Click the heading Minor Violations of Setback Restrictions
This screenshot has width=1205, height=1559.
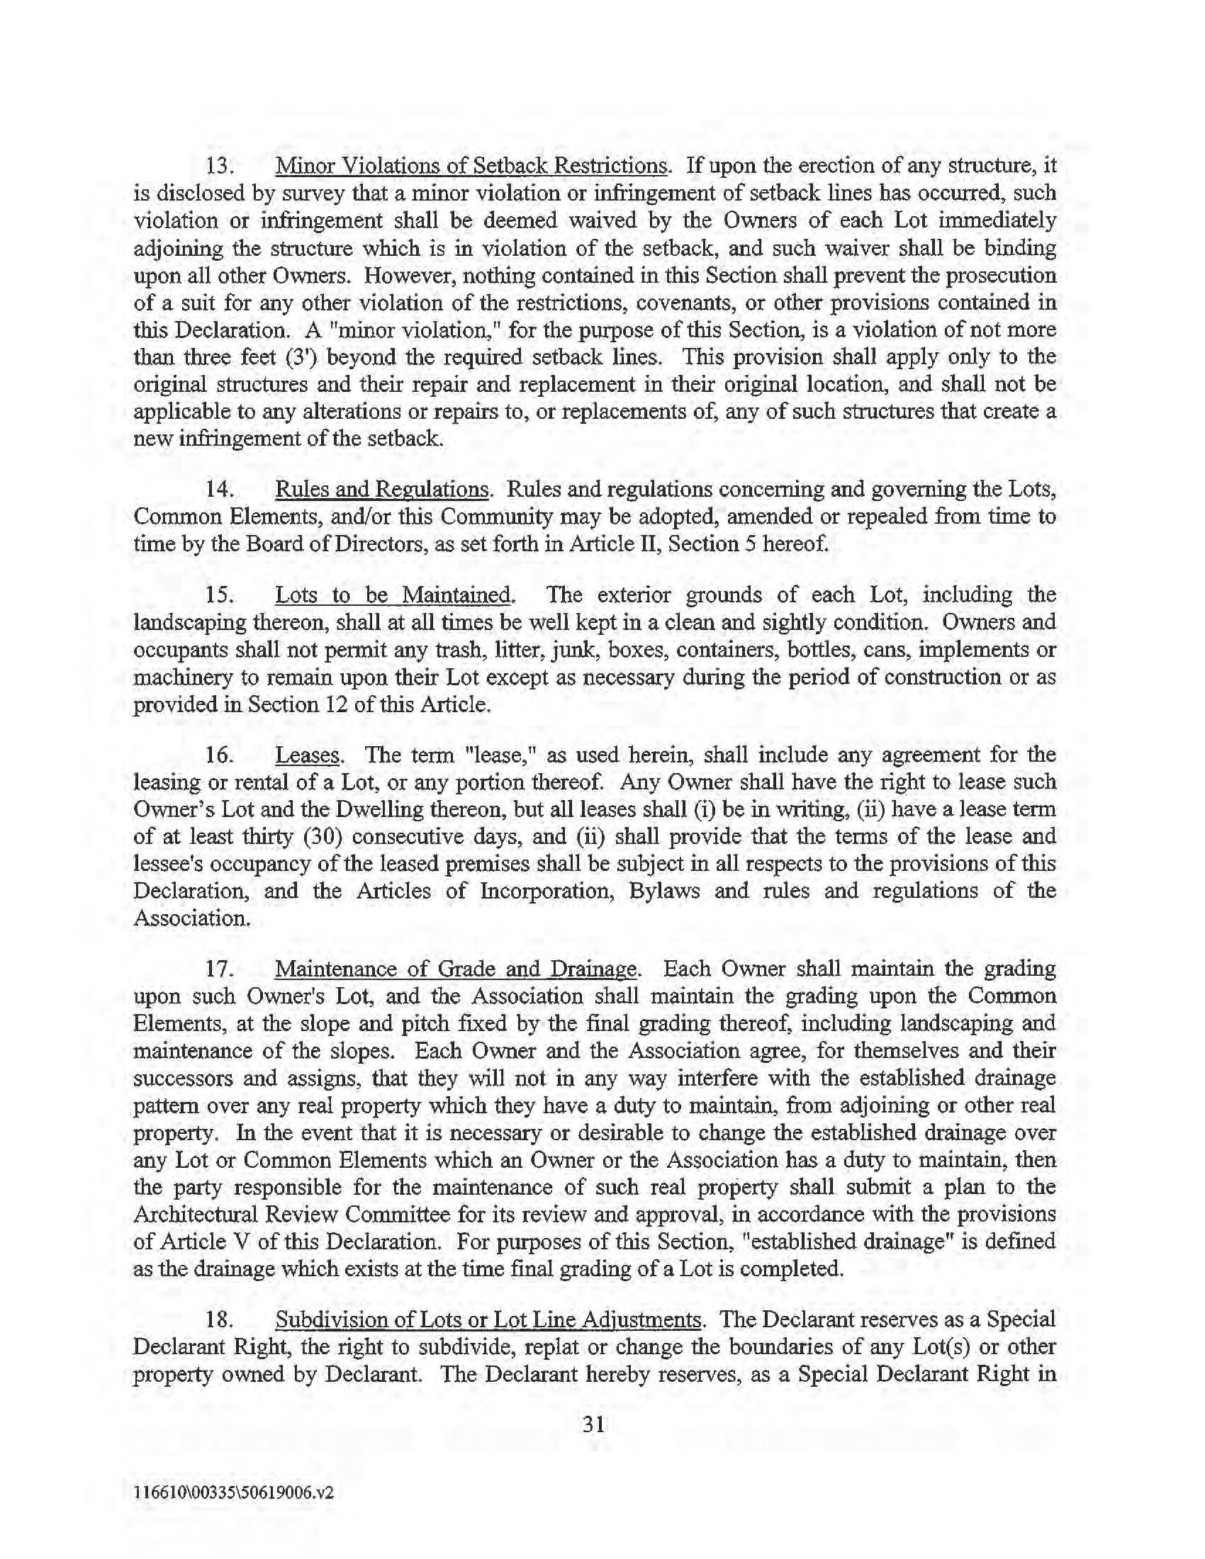pos(472,166)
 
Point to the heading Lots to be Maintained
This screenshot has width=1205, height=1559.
pos(393,595)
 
